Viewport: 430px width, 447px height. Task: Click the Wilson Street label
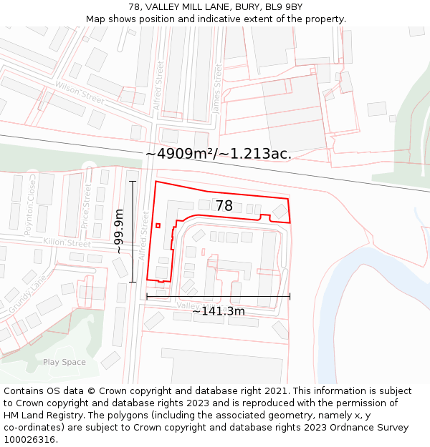tap(80, 93)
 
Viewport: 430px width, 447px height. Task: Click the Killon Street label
tap(67, 244)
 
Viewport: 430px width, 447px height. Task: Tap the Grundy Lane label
tap(27, 290)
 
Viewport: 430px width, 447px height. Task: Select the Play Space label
tap(64, 362)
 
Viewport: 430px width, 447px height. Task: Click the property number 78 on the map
tap(224, 206)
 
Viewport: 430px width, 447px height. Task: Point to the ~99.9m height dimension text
tap(119, 231)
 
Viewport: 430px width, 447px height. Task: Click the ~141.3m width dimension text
tap(218, 311)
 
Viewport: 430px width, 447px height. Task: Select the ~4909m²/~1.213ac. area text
tap(218, 154)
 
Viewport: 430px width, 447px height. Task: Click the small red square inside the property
tap(158, 225)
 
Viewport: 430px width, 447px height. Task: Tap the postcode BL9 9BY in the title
tap(284, 7)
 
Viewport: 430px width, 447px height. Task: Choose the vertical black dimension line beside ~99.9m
tap(133, 231)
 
